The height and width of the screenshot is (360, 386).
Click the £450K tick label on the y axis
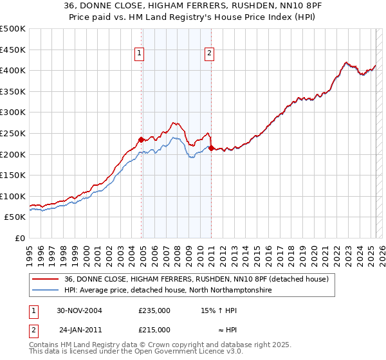13,50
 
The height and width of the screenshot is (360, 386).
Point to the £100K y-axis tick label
13,196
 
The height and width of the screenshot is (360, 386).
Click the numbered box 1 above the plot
139,54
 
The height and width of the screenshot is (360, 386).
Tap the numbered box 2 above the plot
210,54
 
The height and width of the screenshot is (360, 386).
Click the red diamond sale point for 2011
212,148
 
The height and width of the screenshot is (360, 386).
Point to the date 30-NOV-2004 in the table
80,310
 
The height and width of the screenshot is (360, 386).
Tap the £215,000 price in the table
154,330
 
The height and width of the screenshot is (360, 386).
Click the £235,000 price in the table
154,310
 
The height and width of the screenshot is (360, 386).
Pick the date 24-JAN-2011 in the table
80,330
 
